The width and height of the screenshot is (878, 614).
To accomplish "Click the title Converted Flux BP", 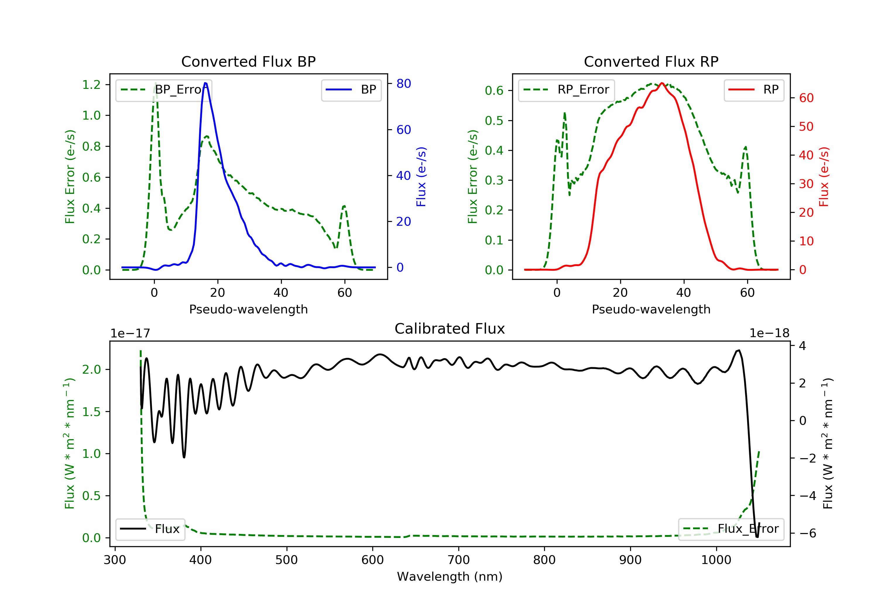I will pyautogui.click(x=248, y=61).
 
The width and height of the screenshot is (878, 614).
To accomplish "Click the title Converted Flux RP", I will pyautogui.click(x=651, y=61).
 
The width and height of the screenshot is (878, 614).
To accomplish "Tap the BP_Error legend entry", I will pyautogui.click(x=164, y=90).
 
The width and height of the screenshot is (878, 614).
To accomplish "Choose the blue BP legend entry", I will pyautogui.click(x=351, y=90).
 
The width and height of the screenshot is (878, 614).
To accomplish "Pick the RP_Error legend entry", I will pyautogui.click(x=566, y=90).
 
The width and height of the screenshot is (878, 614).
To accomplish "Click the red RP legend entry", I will pyautogui.click(x=753, y=90).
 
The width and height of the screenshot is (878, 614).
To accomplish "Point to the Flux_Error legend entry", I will pyautogui.click(x=731, y=529).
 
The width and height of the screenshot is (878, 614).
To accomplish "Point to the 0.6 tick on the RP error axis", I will pyautogui.click(x=494, y=91).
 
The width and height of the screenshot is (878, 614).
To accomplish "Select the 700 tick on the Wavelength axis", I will pyautogui.click(x=459, y=560).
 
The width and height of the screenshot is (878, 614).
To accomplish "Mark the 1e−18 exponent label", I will pyautogui.click(x=769, y=334).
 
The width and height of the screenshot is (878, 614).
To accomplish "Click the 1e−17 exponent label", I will pyautogui.click(x=131, y=334).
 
